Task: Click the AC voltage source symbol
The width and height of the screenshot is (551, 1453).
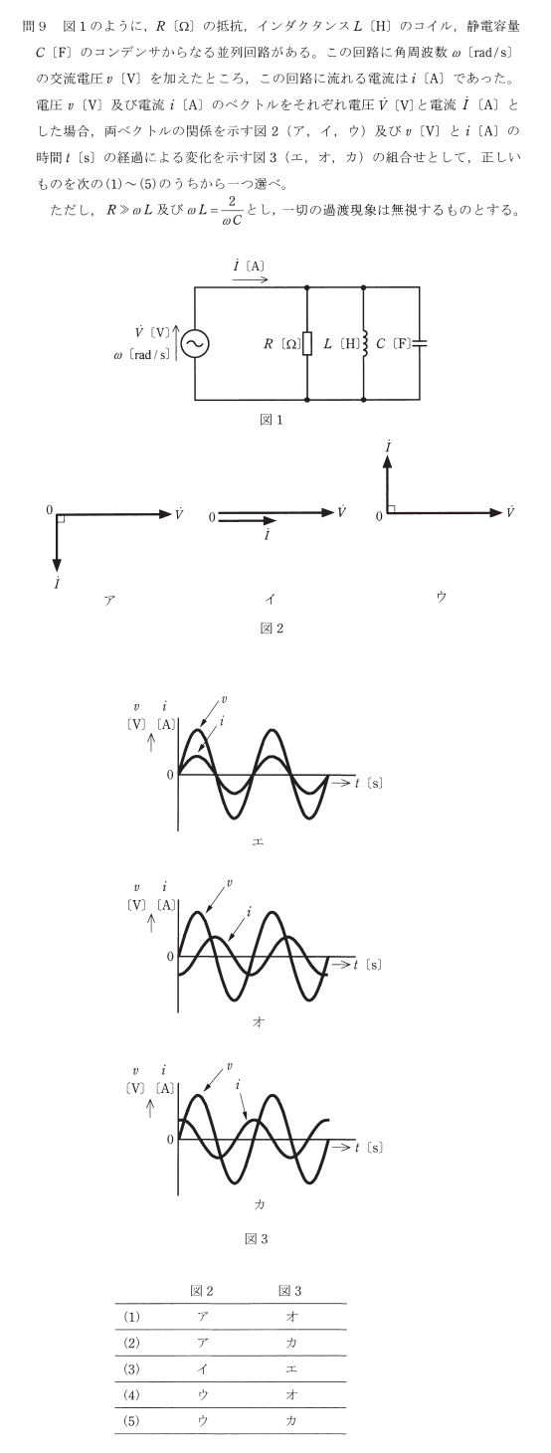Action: [195, 343]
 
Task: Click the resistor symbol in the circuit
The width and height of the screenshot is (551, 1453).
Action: [307, 343]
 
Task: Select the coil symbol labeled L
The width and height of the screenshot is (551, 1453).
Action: [364, 343]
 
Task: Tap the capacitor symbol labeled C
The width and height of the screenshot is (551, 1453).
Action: [420, 342]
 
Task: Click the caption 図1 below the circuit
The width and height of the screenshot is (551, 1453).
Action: [272, 420]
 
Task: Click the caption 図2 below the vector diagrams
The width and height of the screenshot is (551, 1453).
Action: [272, 628]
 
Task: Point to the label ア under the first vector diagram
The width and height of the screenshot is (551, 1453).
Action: [109, 600]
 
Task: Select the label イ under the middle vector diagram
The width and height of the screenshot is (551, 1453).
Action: [270, 600]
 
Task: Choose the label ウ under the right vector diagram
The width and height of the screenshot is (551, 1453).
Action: [442, 598]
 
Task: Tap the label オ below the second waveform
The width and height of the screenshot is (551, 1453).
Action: [258, 1022]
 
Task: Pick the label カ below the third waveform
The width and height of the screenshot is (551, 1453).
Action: [260, 1204]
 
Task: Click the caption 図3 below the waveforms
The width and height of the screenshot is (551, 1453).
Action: [256, 1239]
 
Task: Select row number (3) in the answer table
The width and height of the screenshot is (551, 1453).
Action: [131, 1369]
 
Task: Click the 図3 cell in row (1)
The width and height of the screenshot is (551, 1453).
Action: [291, 1317]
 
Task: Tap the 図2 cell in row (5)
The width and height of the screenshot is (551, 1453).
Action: [203, 1420]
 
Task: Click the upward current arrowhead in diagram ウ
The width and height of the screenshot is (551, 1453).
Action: [388, 461]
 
